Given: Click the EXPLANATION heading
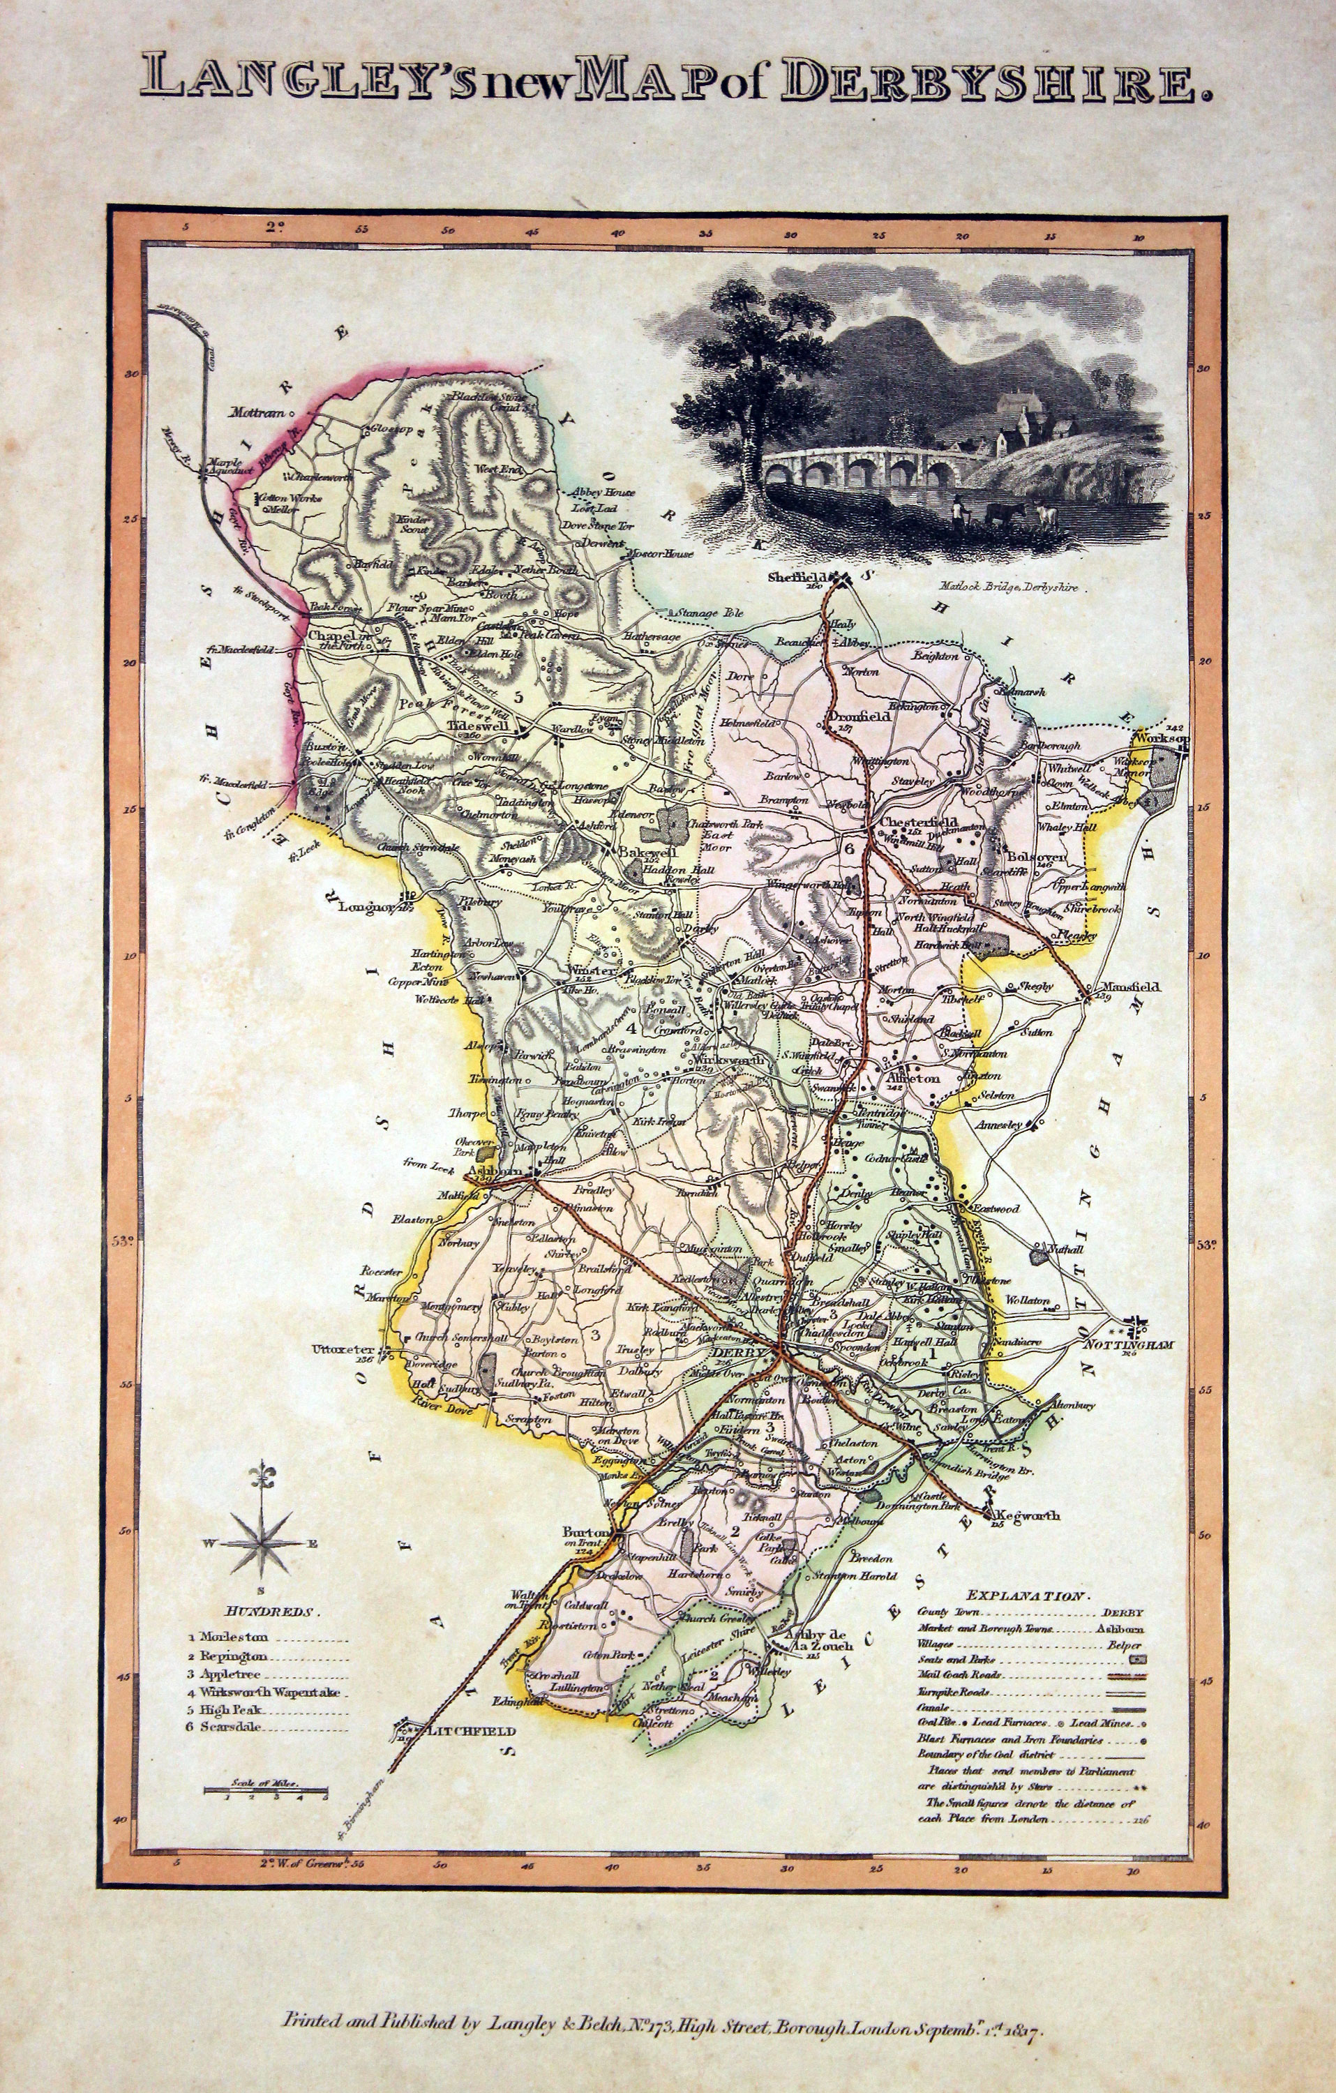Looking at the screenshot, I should coord(1026,1597).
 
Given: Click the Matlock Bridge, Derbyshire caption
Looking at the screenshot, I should coord(1008,588).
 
